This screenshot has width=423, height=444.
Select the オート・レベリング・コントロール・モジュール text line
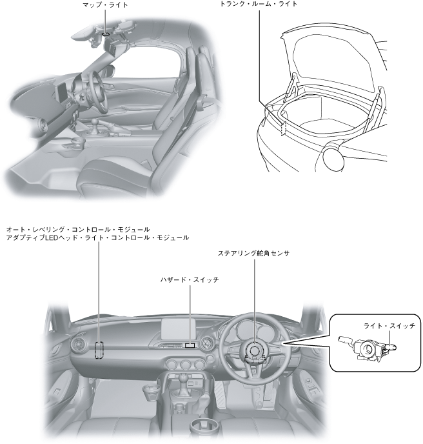point(78,229)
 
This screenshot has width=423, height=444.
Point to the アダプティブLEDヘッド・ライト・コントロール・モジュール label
point(97,237)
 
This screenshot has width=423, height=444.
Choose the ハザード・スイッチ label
point(190,280)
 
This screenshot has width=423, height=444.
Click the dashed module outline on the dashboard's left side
point(99,349)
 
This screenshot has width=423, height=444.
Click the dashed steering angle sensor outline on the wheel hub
point(253,352)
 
